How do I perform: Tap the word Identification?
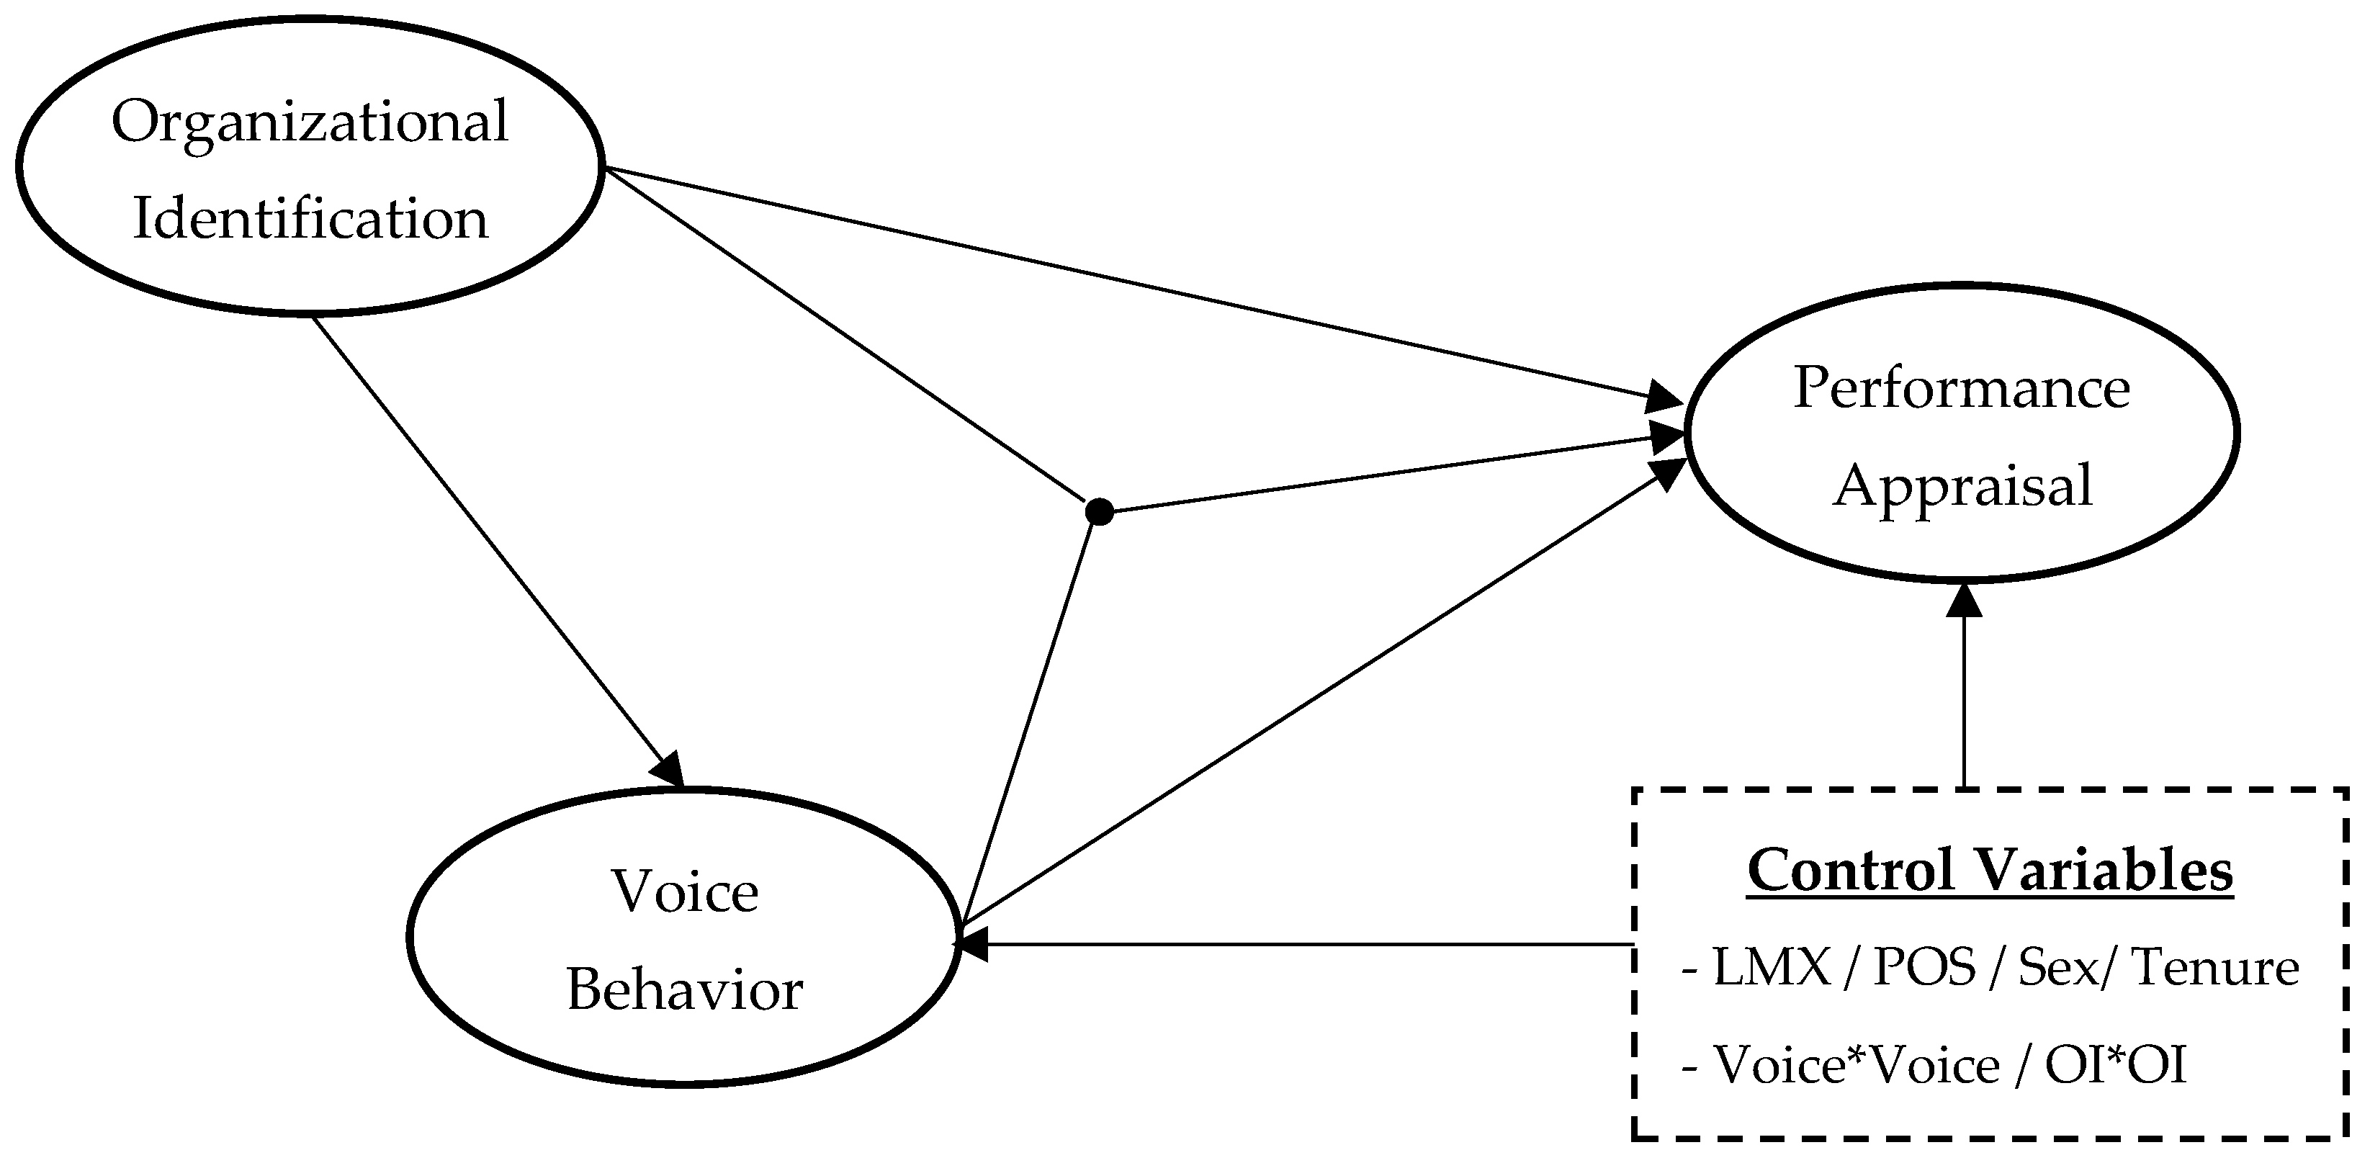pyautogui.click(x=310, y=219)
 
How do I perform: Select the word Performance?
pyautogui.click(x=1962, y=388)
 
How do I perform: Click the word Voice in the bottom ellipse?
pyautogui.click(x=685, y=892)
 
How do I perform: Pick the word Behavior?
pyautogui.click(x=685, y=991)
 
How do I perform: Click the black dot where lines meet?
pyautogui.click(x=1100, y=511)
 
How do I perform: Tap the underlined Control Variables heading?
pyautogui.click(x=1989, y=871)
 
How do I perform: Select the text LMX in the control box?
pyautogui.click(x=1771, y=968)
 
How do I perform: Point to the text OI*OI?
pyautogui.click(x=2115, y=1067)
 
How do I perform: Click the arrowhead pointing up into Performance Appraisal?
pyautogui.click(x=1965, y=600)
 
